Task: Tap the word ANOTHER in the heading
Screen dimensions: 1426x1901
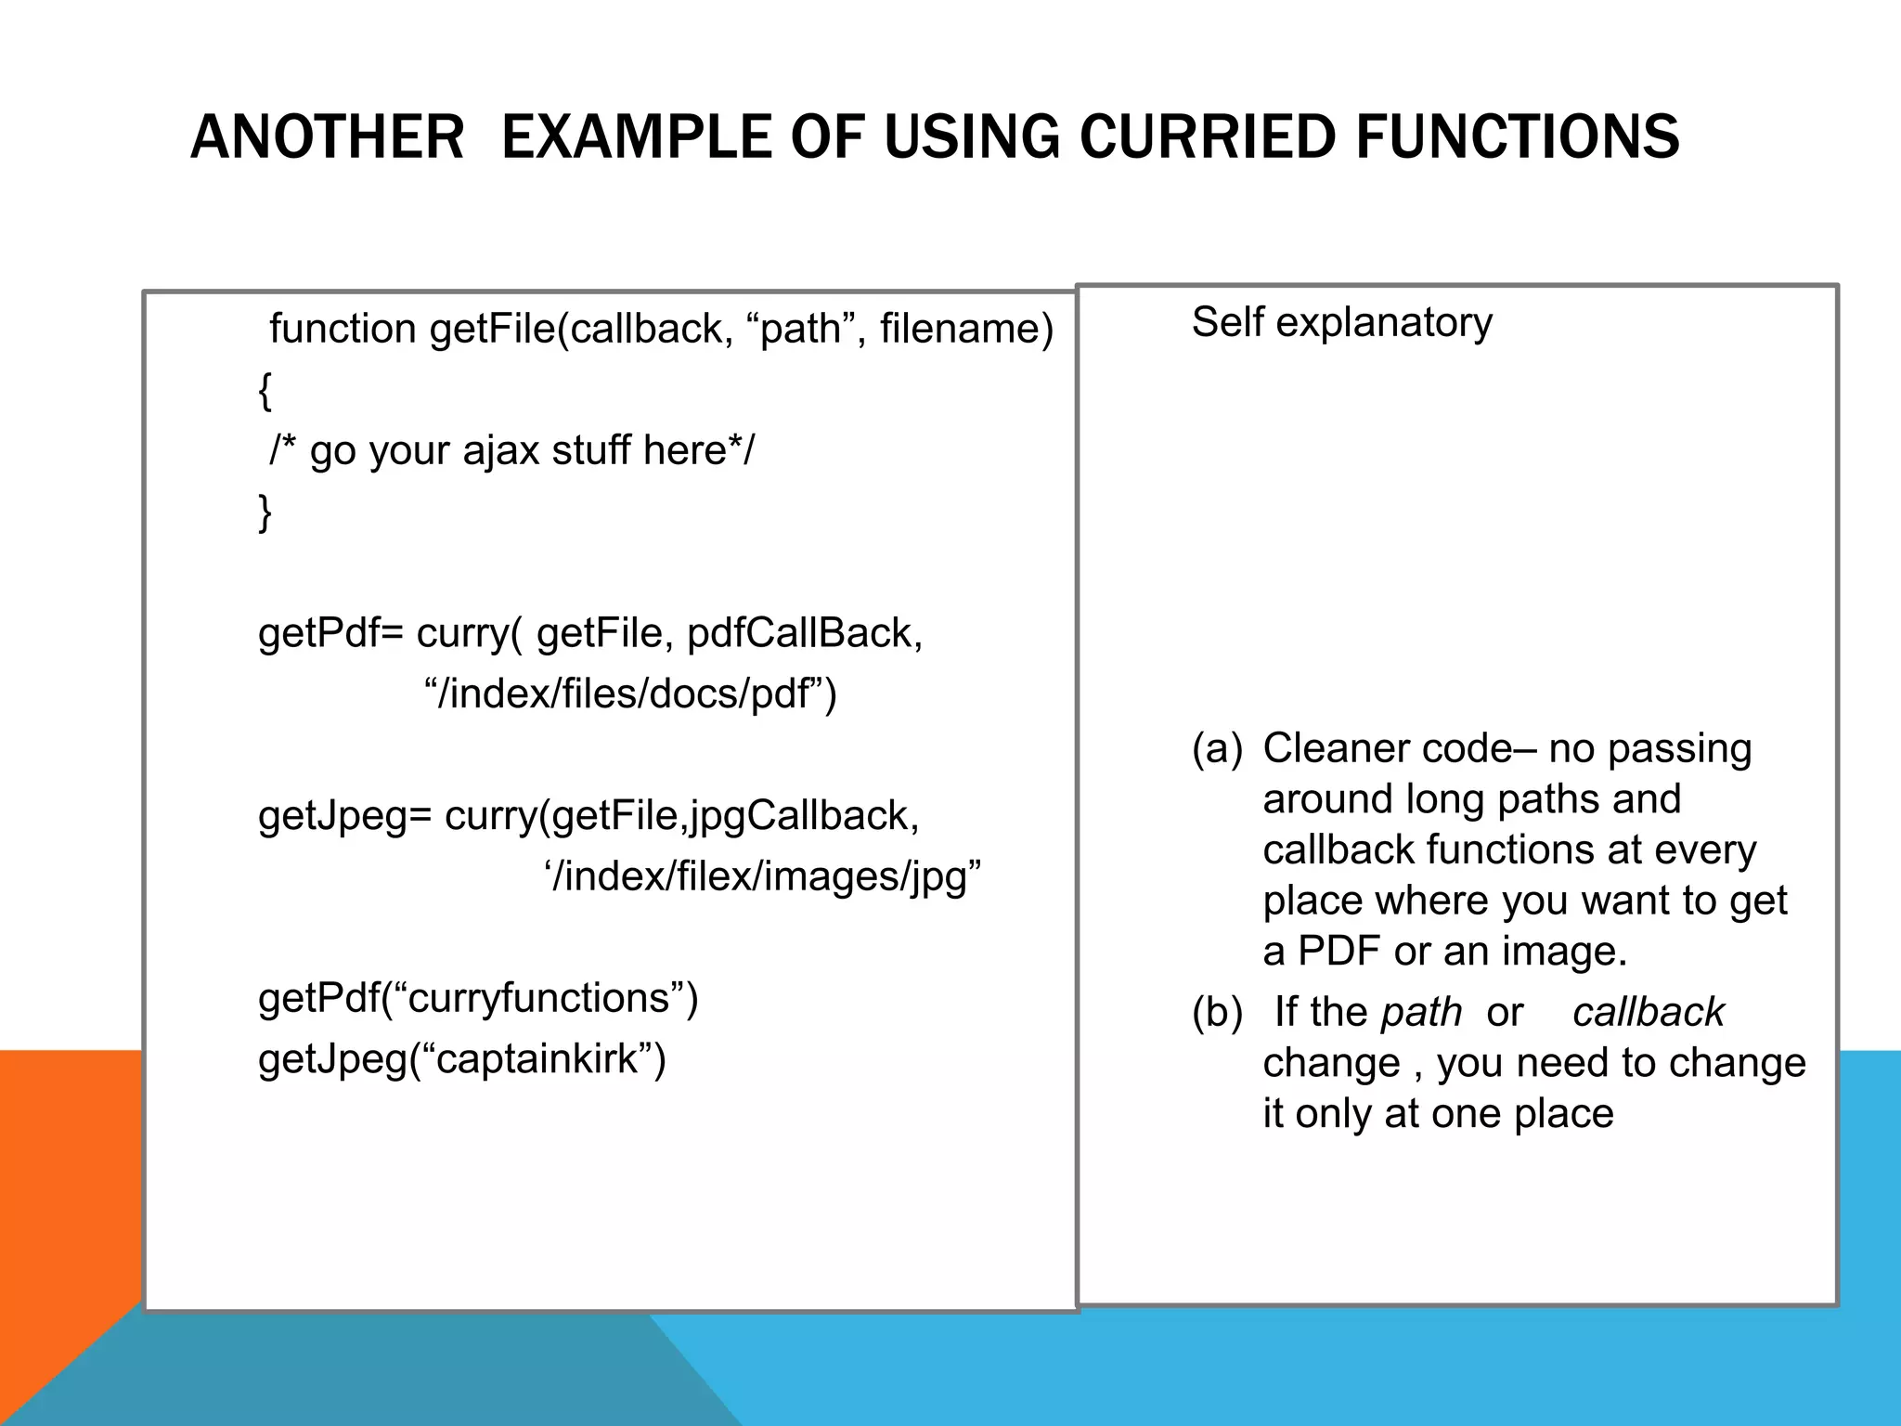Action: (327, 136)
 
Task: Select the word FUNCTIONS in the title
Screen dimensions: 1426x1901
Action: (1517, 136)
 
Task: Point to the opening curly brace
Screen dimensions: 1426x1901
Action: (265, 390)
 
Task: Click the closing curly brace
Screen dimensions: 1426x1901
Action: (265, 512)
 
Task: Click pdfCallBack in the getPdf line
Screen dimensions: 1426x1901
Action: (804, 633)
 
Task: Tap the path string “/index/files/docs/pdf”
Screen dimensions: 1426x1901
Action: (630, 694)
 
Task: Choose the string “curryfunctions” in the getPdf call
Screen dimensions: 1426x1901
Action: (538, 998)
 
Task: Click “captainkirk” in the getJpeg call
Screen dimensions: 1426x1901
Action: (537, 1058)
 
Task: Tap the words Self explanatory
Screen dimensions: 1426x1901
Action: (1341, 322)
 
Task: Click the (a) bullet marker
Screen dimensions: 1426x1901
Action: (1216, 748)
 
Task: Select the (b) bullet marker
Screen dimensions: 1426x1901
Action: (1216, 1012)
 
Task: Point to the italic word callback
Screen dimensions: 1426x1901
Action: (1648, 1012)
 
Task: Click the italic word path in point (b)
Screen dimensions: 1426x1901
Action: (1420, 1013)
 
